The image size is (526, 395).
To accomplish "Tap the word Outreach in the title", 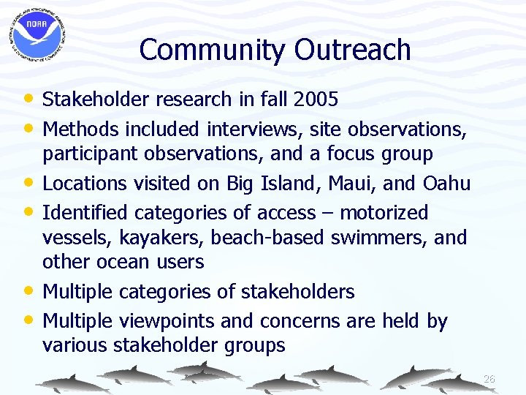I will (x=353, y=50).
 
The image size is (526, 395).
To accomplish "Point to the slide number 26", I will (x=489, y=379).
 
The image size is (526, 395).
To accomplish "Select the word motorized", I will (x=384, y=213).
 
